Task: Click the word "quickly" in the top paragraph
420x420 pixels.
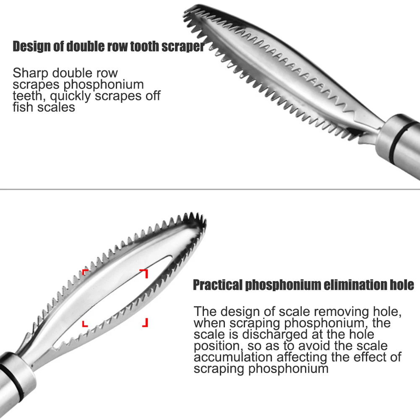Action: [71, 96]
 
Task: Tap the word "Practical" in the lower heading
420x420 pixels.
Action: [217, 285]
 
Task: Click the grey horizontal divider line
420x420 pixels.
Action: [210, 189]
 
